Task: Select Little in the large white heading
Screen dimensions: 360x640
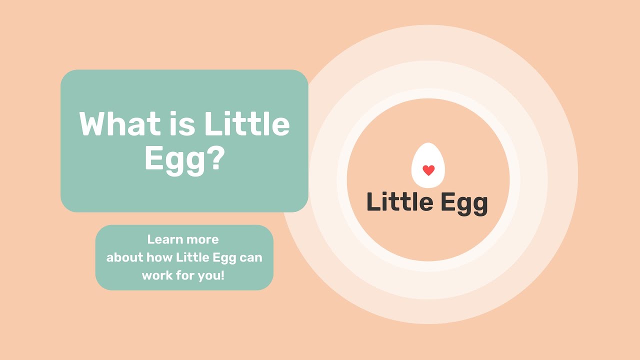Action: (247, 124)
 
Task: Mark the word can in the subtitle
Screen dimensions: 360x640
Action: (251, 257)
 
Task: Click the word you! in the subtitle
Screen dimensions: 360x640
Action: (212, 276)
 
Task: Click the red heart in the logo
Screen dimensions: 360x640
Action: (428, 170)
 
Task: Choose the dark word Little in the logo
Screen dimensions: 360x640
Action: (399, 202)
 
